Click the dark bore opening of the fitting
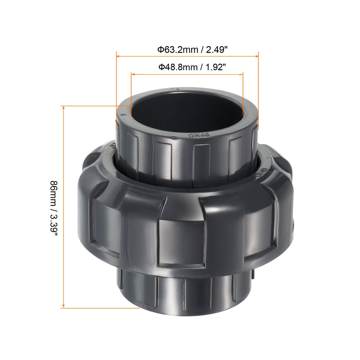187,112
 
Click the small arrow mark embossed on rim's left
124,114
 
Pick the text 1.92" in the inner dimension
215,67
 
